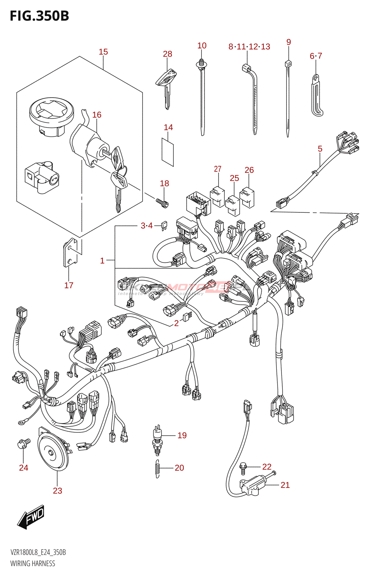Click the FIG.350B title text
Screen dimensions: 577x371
pyautogui.click(x=39, y=16)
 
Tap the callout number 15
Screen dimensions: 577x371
pyautogui.click(x=103, y=52)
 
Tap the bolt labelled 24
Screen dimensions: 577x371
pyautogui.click(x=23, y=443)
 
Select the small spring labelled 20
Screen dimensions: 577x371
pyautogui.click(x=157, y=469)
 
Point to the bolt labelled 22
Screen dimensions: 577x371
pyautogui.click(x=243, y=468)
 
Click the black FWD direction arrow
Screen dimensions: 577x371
pyautogui.click(x=31, y=517)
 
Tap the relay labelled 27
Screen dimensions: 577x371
pyautogui.click(x=217, y=197)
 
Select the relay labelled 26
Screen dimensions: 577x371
pyautogui.click(x=247, y=197)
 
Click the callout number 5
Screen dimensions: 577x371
pyautogui.click(x=320, y=149)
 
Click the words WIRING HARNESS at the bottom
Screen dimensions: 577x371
pyautogui.click(x=33, y=563)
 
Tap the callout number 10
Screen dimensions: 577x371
pyautogui.click(x=202, y=46)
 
